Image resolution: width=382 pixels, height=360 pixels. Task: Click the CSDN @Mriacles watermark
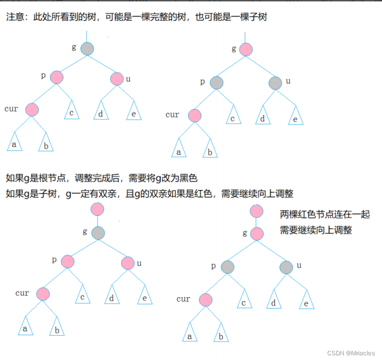352,353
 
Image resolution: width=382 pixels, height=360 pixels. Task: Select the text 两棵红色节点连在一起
324,214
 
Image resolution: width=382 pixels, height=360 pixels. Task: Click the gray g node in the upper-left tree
87,48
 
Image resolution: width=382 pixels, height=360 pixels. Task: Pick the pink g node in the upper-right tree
246,49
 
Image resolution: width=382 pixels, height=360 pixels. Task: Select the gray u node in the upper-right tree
275,83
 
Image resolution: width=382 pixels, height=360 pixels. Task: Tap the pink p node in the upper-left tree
57,77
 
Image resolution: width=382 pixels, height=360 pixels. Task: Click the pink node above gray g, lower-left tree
98,209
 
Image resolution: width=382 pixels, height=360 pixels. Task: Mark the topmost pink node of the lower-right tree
256,211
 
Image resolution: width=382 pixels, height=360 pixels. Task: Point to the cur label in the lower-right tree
183,299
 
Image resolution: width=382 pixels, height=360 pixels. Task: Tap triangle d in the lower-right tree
273,302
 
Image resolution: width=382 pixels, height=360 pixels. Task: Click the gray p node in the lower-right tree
227,267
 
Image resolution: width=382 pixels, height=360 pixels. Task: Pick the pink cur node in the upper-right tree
195,115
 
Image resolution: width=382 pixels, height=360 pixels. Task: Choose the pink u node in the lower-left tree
128,263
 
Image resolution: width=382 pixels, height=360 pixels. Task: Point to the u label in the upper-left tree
128,79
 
